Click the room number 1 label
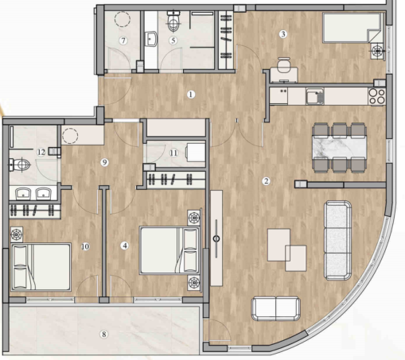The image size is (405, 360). [191, 95]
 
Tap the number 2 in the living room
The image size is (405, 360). [266, 181]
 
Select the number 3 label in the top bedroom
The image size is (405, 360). [282, 33]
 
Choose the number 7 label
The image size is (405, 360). [123, 40]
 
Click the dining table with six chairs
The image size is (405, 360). [340, 149]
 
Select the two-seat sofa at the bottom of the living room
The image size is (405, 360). [275, 308]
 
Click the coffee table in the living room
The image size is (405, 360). [286, 246]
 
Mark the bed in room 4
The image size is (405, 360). [169, 250]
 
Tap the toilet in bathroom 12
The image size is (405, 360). [19, 165]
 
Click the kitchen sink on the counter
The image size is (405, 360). [315, 96]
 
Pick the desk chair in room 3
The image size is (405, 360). [282, 64]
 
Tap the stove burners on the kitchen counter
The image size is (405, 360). [376, 95]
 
